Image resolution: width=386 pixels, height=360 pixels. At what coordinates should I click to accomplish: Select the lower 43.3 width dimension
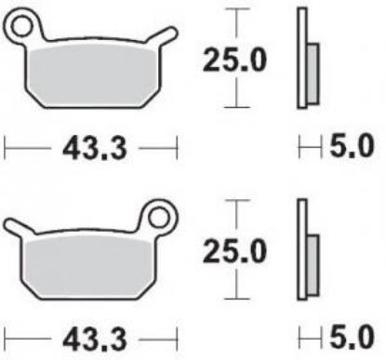(x=91, y=335)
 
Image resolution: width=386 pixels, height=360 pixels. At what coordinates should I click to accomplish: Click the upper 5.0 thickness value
(x=352, y=146)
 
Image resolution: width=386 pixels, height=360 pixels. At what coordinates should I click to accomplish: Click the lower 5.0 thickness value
(x=352, y=335)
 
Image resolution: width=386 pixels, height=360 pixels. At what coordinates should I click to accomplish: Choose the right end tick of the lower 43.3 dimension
(x=176, y=335)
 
